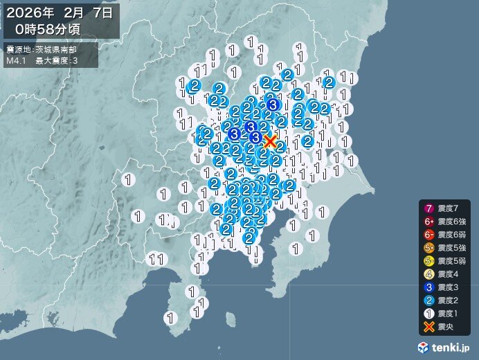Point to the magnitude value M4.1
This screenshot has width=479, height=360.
[16, 61]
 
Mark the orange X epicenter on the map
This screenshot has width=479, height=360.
[271, 141]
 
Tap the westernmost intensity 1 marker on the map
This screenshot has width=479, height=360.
[128, 179]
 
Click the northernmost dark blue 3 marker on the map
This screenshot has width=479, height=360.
[273, 105]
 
